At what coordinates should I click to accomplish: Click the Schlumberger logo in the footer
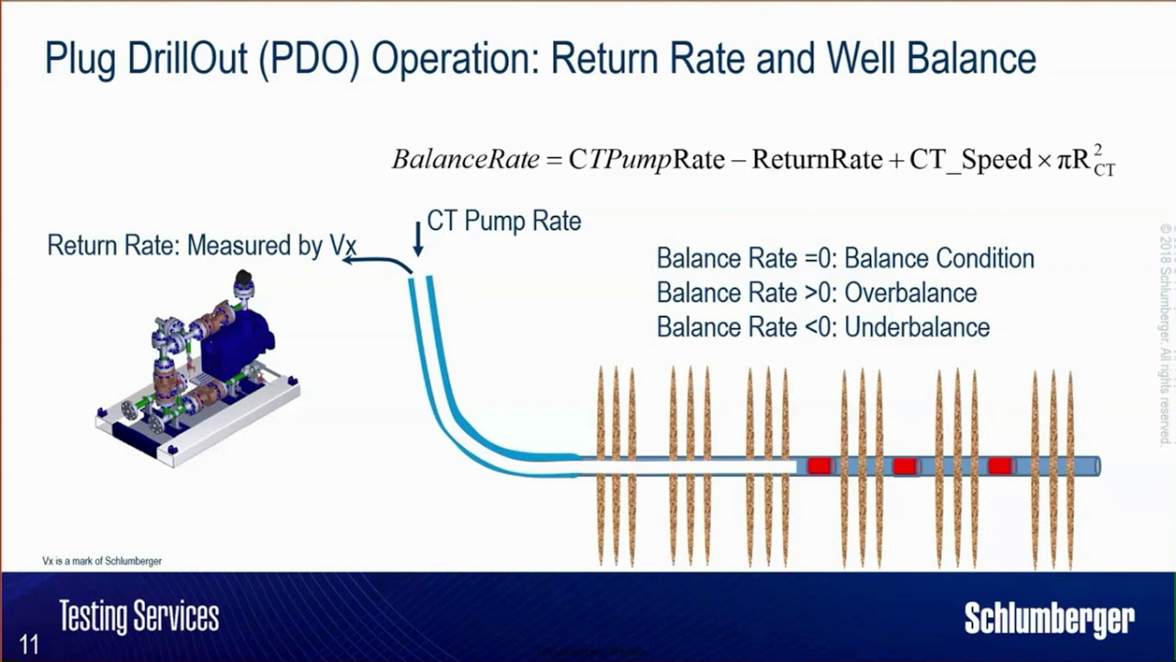(x=1049, y=619)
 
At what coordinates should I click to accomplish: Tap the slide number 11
(x=29, y=644)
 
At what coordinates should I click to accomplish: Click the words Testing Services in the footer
(x=139, y=616)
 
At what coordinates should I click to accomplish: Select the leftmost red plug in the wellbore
(x=819, y=466)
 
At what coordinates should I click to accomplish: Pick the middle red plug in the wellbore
(x=905, y=466)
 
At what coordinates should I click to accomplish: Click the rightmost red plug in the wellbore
(x=1001, y=466)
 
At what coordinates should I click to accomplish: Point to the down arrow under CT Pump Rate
(x=418, y=239)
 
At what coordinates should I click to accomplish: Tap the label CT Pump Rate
(x=503, y=222)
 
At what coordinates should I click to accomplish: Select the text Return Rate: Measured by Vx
(x=201, y=245)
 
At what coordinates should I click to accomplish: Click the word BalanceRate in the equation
(x=465, y=159)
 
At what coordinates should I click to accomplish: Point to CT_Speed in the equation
(x=970, y=160)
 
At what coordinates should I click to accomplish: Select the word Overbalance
(x=910, y=292)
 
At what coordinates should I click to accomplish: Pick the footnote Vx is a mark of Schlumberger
(x=102, y=561)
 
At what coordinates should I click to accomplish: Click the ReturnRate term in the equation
(x=817, y=160)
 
